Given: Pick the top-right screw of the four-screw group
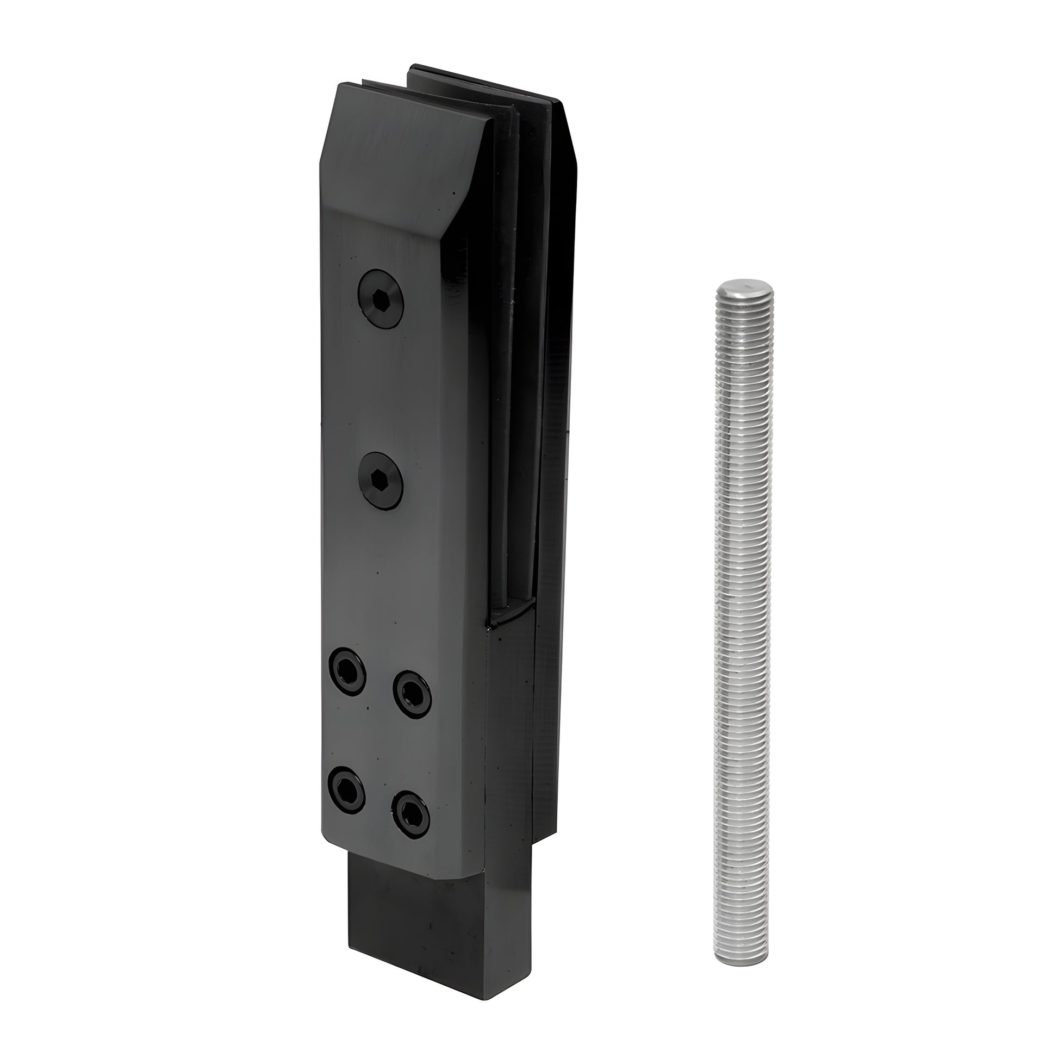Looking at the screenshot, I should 412,694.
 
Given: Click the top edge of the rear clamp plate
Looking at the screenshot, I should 482,82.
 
